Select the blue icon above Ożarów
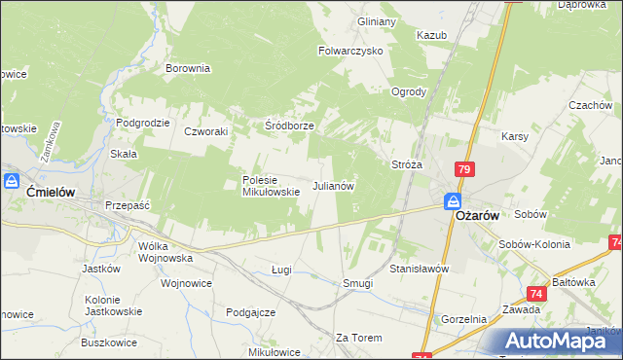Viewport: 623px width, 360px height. [453, 201]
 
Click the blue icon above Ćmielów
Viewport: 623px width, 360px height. [12, 181]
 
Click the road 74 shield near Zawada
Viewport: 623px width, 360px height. [536, 292]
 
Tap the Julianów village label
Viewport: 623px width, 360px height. [333, 185]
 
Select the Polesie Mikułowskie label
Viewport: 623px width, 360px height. [271, 186]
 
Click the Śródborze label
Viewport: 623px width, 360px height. [289, 126]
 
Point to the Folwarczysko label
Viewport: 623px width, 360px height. [350, 51]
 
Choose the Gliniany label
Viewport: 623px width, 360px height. [376, 21]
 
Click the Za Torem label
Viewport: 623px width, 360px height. [355, 337]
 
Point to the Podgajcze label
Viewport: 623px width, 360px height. [250, 312]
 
